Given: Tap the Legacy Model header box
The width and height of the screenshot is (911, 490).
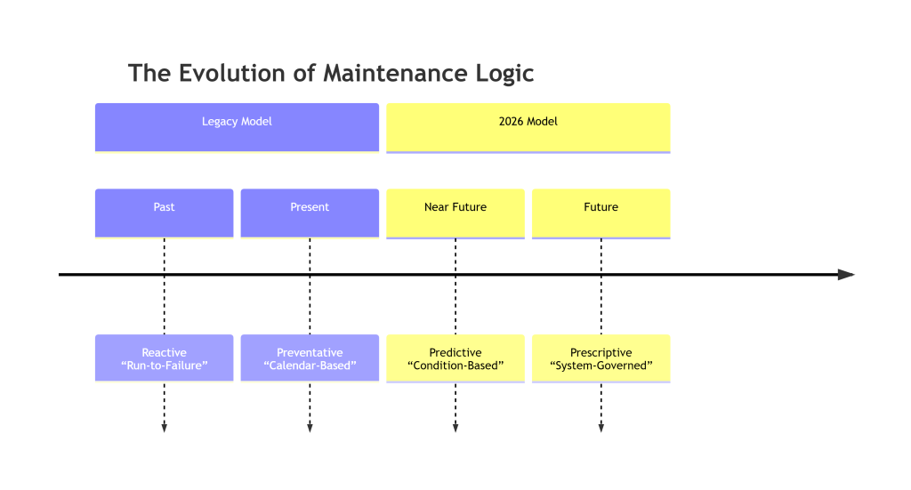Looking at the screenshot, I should pyautogui.click(x=237, y=127).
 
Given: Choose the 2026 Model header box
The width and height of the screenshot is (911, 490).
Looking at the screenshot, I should pyautogui.click(x=528, y=127).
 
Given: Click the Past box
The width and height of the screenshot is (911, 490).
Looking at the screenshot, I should pyautogui.click(x=164, y=213).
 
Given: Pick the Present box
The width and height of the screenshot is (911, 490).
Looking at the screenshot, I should pyautogui.click(x=310, y=213).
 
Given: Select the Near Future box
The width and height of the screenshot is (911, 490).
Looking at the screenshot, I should pyautogui.click(x=455, y=213).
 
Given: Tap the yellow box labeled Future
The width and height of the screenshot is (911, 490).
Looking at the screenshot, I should pyautogui.click(x=601, y=213).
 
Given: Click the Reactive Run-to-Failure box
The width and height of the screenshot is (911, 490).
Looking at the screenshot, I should pyautogui.click(x=164, y=358).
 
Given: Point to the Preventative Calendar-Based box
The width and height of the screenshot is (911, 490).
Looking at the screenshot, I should pyautogui.click(x=310, y=358).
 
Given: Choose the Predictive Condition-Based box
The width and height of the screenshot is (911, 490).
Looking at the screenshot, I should pyautogui.click(x=455, y=358).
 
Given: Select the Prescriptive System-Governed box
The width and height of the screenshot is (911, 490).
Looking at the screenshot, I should pyautogui.click(x=601, y=358).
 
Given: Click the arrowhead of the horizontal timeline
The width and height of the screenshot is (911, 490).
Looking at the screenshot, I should pyautogui.click(x=846, y=275).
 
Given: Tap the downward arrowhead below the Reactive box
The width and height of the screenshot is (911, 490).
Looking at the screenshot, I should pyautogui.click(x=164, y=428).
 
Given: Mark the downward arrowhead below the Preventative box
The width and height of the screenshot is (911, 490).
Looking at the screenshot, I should pyautogui.click(x=310, y=428).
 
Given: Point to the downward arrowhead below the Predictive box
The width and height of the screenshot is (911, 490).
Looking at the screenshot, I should pyautogui.click(x=455, y=428).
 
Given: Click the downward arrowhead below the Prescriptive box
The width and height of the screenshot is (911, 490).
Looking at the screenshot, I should pyautogui.click(x=601, y=428).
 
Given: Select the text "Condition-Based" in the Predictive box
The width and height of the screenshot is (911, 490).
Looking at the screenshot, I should pyautogui.click(x=455, y=365).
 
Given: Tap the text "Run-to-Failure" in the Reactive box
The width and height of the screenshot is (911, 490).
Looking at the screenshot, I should pyautogui.click(x=164, y=365).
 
